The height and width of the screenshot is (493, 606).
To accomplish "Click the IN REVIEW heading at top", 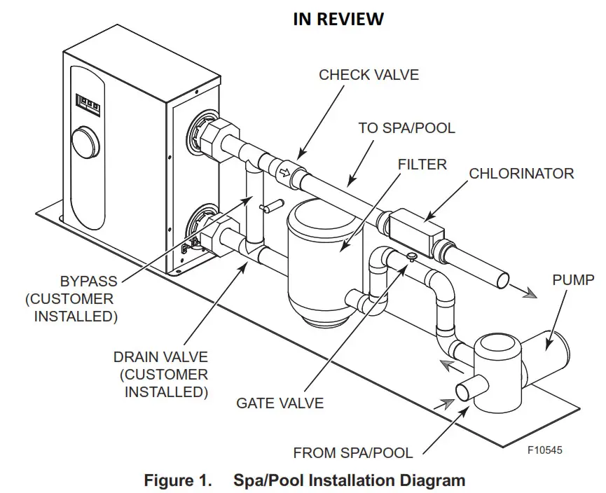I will [x=338, y=20].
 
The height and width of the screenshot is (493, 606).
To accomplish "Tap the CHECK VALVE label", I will [x=369, y=74].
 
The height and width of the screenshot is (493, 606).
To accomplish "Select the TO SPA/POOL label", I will [x=406, y=128].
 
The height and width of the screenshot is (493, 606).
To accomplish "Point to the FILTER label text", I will [x=422, y=165].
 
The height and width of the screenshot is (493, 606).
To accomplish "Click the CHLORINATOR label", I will [x=521, y=173].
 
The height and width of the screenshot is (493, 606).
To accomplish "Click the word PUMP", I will [x=572, y=281].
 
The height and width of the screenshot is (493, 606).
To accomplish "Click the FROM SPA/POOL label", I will [x=353, y=453].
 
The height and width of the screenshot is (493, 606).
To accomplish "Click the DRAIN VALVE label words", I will [x=160, y=357].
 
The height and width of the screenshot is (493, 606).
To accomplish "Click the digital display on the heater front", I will [x=87, y=104].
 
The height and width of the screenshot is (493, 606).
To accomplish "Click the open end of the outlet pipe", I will [x=503, y=280].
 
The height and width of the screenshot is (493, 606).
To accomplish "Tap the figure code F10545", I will [x=544, y=450].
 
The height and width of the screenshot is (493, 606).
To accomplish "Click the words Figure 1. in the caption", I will [x=177, y=480].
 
